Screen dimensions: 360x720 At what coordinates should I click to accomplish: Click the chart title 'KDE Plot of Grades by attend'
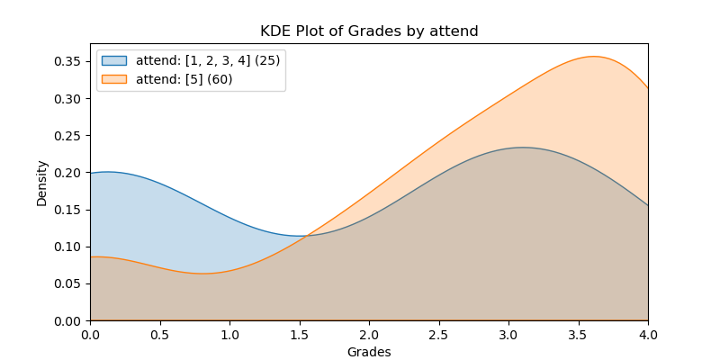click(369, 31)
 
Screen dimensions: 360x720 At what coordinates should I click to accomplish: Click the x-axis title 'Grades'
click(369, 352)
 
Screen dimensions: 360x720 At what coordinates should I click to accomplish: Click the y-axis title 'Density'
click(41, 182)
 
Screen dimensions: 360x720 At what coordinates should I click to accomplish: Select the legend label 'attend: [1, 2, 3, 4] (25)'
click(208, 61)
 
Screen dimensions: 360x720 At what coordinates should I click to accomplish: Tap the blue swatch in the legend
click(114, 61)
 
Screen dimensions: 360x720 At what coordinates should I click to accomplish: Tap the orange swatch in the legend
click(114, 78)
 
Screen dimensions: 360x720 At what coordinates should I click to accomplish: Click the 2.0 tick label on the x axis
click(369, 334)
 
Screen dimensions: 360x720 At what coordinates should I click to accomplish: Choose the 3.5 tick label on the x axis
click(578, 334)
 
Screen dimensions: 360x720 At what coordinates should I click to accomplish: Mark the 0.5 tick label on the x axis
click(159, 334)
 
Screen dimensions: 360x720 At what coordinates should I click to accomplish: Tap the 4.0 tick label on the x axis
click(648, 334)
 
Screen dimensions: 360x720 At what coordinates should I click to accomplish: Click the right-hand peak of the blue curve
click(523, 148)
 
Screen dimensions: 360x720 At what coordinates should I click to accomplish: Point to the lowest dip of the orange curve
click(203, 274)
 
